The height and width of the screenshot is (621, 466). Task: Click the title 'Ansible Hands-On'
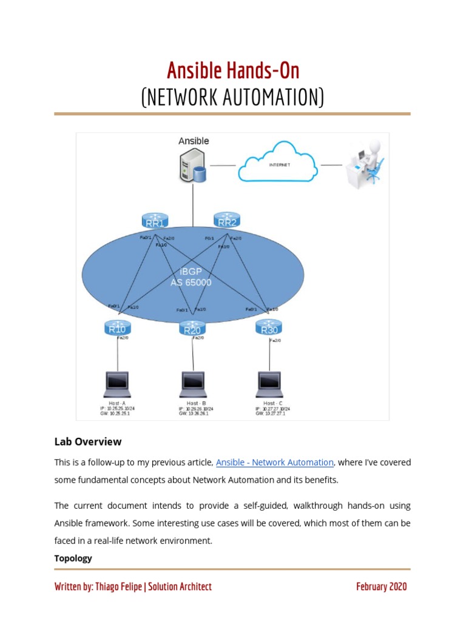(x=233, y=71)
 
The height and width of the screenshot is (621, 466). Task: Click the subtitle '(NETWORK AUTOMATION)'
(x=233, y=97)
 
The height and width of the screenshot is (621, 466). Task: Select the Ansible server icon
(x=193, y=166)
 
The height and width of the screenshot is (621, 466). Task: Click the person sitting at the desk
(x=366, y=163)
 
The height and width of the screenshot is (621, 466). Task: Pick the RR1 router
(x=154, y=221)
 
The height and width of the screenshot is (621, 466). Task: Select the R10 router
(x=117, y=328)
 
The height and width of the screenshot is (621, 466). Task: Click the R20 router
(x=192, y=329)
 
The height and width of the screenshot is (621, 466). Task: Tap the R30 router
(x=269, y=328)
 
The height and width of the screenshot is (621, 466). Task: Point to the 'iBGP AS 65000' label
(x=191, y=277)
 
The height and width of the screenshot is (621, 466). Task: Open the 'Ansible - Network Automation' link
(x=275, y=463)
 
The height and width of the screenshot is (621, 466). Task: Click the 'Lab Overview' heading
(x=88, y=441)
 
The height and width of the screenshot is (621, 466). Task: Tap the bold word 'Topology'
(x=73, y=558)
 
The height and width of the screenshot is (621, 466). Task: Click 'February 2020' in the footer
(x=381, y=586)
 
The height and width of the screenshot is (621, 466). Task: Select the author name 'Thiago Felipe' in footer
(x=118, y=586)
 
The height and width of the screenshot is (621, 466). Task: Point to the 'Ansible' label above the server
(x=194, y=141)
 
